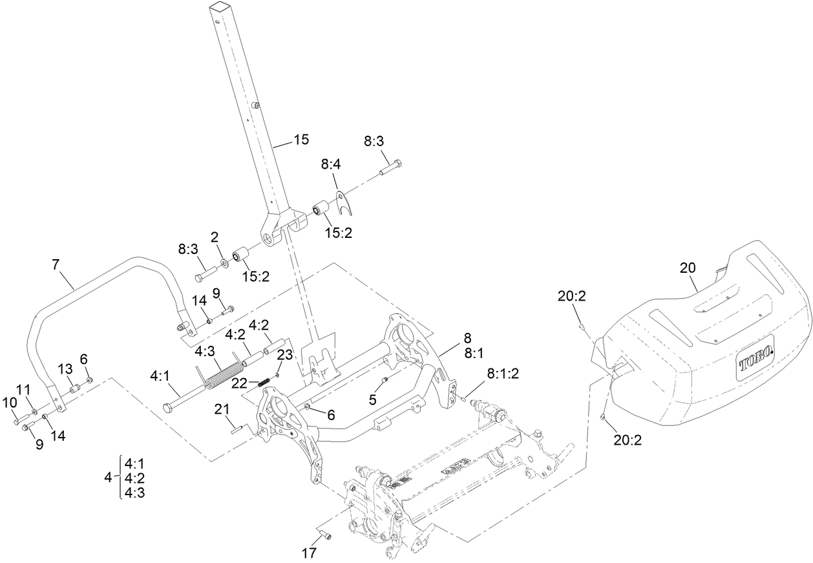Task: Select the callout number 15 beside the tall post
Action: [x=301, y=139]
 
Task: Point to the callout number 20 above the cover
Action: [x=688, y=267]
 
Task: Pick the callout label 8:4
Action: [x=330, y=165]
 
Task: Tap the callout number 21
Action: [x=222, y=409]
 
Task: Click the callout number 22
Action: [x=240, y=383]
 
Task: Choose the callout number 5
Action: [x=372, y=399]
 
